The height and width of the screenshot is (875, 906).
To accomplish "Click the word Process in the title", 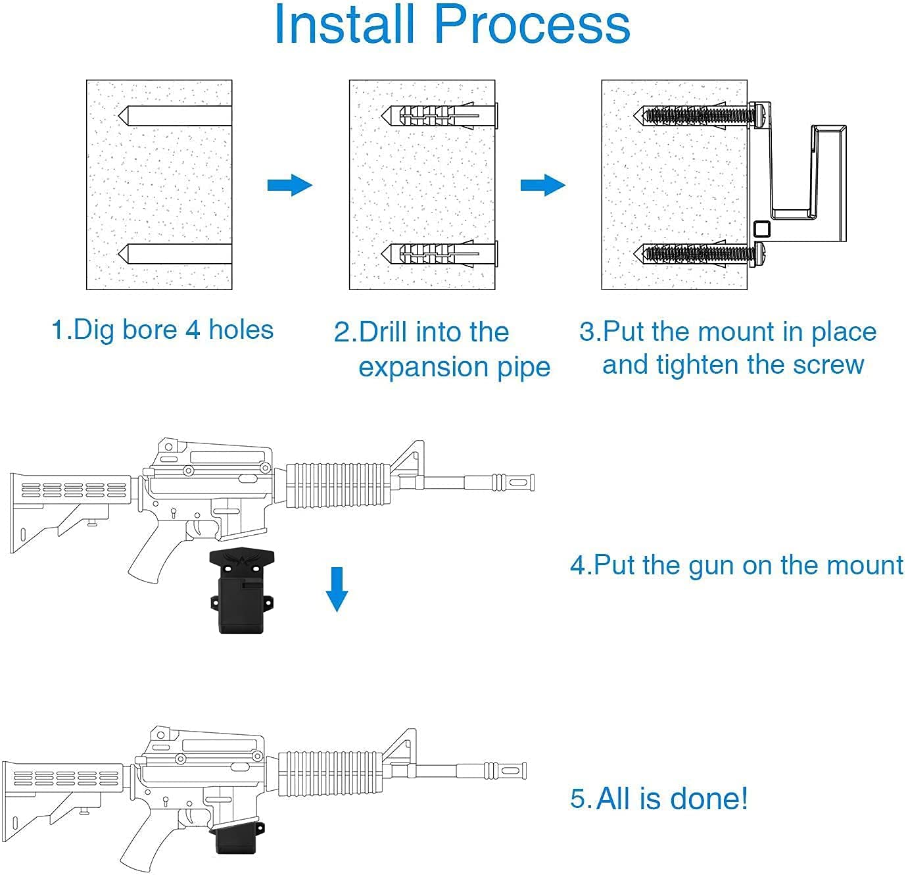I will point(531,25).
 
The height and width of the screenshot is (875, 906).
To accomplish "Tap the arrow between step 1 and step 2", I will point(289,185).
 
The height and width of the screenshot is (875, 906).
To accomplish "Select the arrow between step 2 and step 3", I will point(543,185).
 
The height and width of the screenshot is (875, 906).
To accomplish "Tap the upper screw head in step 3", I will point(759,114).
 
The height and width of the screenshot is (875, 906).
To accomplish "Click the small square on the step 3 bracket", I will point(762,230).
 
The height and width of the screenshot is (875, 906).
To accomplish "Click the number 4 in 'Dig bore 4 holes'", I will point(192,330).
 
